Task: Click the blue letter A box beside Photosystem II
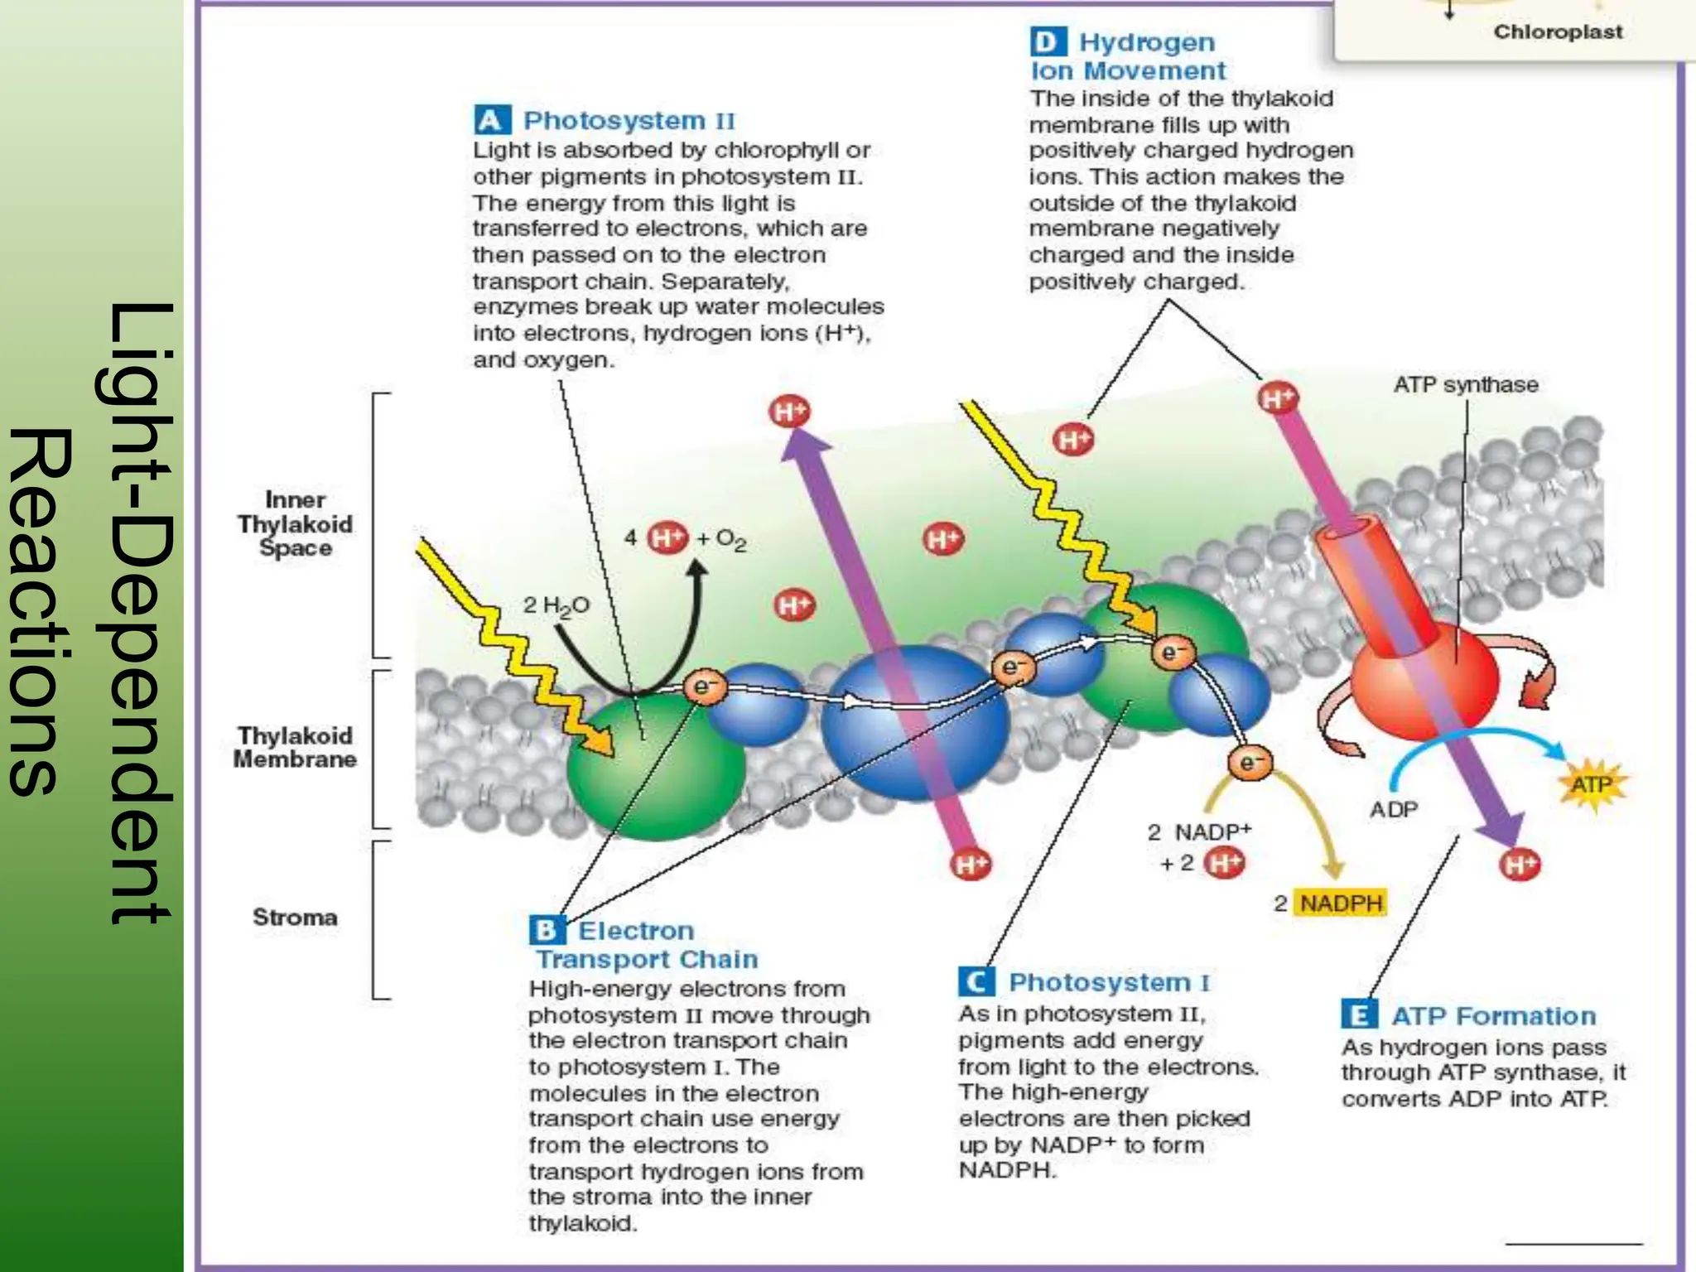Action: (492, 120)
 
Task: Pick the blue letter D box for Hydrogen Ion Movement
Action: (1048, 41)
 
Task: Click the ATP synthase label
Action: (1465, 385)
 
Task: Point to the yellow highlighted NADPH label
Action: (1341, 903)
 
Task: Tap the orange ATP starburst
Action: (1592, 784)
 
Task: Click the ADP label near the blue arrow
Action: (1395, 809)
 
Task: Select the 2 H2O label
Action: (556, 606)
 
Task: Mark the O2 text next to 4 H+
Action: (731, 540)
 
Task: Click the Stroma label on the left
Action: (295, 918)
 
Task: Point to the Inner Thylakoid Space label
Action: (295, 523)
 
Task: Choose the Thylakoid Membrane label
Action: (295, 747)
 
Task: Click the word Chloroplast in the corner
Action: (1558, 32)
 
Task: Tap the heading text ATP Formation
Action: (1493, 1016)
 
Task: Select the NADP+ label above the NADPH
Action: (1212, 831)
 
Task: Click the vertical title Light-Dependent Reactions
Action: (91, 613)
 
